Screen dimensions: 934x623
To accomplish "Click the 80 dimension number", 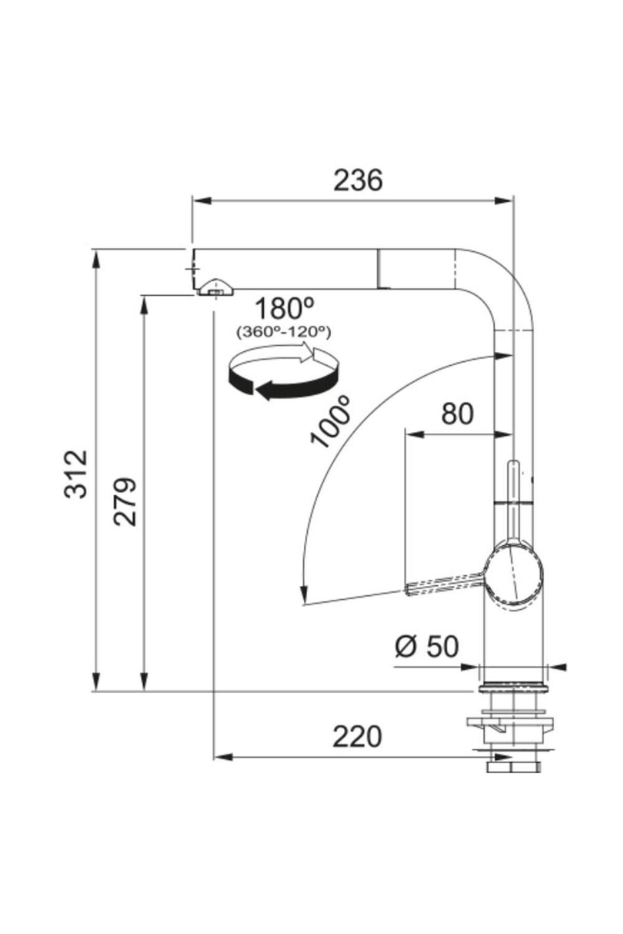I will point(457,414).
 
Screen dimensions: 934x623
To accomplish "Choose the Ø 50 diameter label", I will point(427,647).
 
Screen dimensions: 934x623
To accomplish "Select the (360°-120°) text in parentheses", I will point(283,332).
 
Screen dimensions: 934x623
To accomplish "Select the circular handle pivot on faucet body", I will point(514,575).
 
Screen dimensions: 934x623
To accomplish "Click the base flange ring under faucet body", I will point(513,688).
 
